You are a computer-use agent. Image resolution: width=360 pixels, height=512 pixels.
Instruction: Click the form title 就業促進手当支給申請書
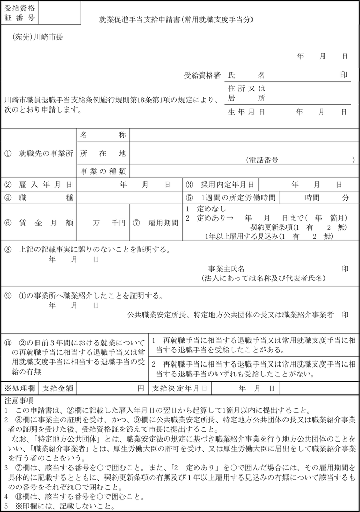pos(175,20)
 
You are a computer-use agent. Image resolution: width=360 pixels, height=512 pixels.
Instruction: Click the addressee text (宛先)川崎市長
pos(39,37)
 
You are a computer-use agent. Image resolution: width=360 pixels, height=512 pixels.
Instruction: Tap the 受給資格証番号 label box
pos(19,13)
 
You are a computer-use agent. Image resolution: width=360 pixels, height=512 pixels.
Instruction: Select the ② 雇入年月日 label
pos(39,185)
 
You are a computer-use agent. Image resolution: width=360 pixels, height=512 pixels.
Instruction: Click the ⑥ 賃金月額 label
pos(39,223)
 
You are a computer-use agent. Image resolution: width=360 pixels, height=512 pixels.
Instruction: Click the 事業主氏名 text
pos(227,268)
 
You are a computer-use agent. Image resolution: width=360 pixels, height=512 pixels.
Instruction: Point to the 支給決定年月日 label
pos(180,388)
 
